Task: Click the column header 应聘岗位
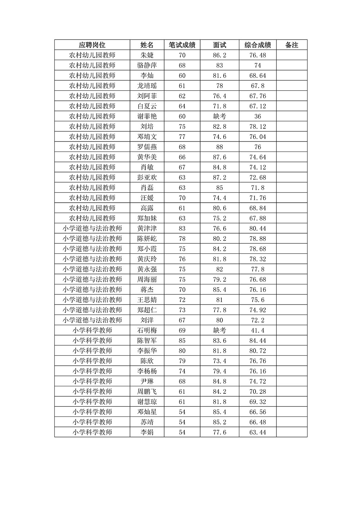coord(92,45)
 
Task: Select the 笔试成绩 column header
coord(182,45)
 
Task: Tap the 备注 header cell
coord(292,45)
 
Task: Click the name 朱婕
coord(147,55)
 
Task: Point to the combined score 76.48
coord(258,55)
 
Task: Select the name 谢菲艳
coord(147,116)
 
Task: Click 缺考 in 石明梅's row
coord(220,330)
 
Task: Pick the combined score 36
coord(258,116)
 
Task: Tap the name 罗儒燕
coord(147,147)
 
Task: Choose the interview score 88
coord(220,147)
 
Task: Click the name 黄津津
coord(147,229)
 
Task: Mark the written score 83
coord(182,229)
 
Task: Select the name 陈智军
coord(147,341)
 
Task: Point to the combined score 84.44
coord(258,341)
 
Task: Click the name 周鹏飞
coord(147,392)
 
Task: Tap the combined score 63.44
coord(258,432)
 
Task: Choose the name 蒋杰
coord(147,290)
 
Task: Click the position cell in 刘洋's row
coord(92,320)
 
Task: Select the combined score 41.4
coord(258,330)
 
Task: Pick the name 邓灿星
coord(147,412)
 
